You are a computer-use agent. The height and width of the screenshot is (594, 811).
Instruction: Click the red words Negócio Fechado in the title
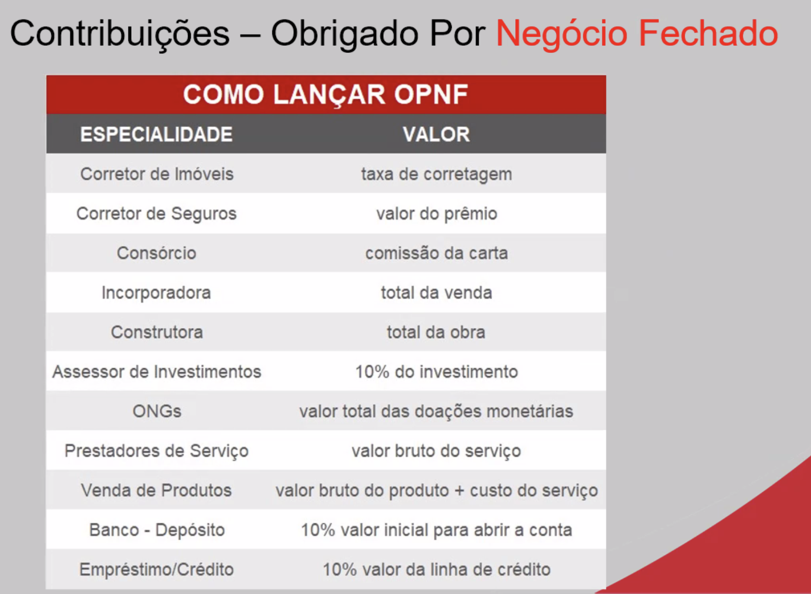click(x=637, y=34)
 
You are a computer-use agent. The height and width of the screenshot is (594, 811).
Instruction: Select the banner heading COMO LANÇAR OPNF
click(x=326, y=95)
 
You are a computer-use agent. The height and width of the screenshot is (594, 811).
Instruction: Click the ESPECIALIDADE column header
click(x=157, y=134)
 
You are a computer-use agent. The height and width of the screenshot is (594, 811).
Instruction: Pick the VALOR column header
click(x=436, y=134)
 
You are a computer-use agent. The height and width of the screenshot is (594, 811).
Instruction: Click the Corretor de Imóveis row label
click(x=157, y=174)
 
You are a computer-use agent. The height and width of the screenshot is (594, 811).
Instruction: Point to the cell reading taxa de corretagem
click(x=436, y=174)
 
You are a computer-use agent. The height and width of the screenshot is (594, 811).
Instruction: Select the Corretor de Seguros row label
click(x=157, y=214)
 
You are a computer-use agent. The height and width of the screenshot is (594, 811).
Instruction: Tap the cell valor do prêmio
click(x=436, y=214)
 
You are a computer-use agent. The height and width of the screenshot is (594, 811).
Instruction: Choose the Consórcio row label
click(x=157, y=253)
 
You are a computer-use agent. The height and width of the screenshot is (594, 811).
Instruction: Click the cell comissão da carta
click(x=436, y=253)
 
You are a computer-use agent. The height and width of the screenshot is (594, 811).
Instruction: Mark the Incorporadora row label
click(x=156, y=293)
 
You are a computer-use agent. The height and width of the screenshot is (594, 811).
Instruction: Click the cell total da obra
click(x=436, y=332)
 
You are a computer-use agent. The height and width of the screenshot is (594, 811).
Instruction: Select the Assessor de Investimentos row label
click(x=157, y=371)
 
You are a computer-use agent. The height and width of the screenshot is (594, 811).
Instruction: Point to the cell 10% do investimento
click(x=436, y=371)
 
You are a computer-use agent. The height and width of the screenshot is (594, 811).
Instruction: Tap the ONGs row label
click(x=157, y=411)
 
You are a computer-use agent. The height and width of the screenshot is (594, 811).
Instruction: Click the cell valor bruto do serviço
click(x=436, y=451)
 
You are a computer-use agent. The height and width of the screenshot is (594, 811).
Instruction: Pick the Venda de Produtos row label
click(x=157, y=490)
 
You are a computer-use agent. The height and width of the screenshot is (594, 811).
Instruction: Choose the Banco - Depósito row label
click(x=157, y=530)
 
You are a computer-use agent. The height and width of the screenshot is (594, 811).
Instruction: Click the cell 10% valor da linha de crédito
click(x=436, y=570)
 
